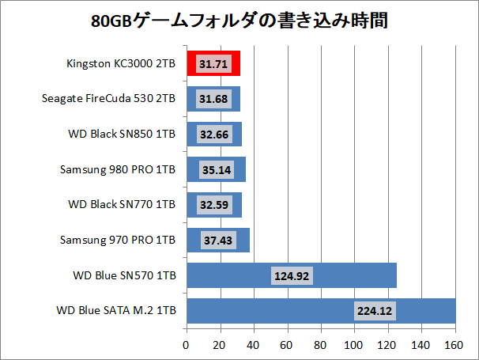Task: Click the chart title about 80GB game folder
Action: click(239, 19)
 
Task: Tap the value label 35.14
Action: click(215, 169)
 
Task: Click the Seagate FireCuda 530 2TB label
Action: click(108, 99)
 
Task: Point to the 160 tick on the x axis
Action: click(455, 345)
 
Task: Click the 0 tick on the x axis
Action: click(186, 345)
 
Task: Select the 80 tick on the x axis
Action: click(321, 345)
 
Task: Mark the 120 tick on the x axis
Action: click(388, 345)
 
